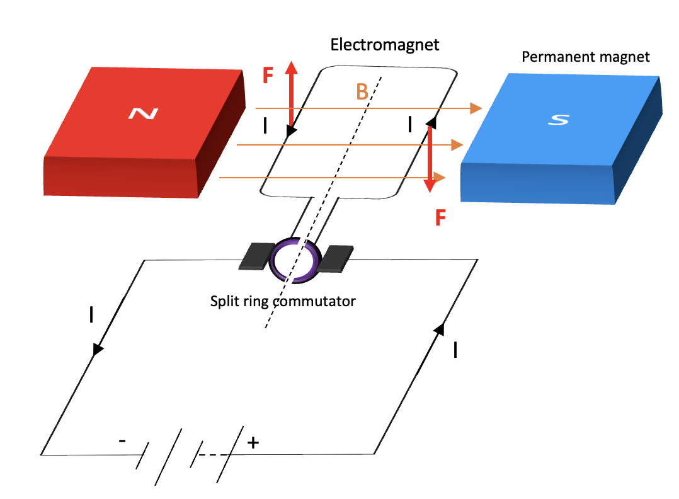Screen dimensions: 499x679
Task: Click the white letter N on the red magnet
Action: point(143,113)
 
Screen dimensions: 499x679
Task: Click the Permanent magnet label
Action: point(586,57)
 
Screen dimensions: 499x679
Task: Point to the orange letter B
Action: point(362,93)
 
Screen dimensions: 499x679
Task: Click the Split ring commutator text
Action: point(283,301)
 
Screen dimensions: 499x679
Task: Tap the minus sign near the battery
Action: point(122,441)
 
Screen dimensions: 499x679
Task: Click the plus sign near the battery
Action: point(253,443)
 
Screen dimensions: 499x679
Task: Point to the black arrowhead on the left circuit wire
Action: point(97,348)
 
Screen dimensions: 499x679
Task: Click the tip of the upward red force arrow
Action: point(291,62)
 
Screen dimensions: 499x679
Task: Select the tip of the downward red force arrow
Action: point(430,190)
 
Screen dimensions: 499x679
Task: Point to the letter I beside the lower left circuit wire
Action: point(92,314)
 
